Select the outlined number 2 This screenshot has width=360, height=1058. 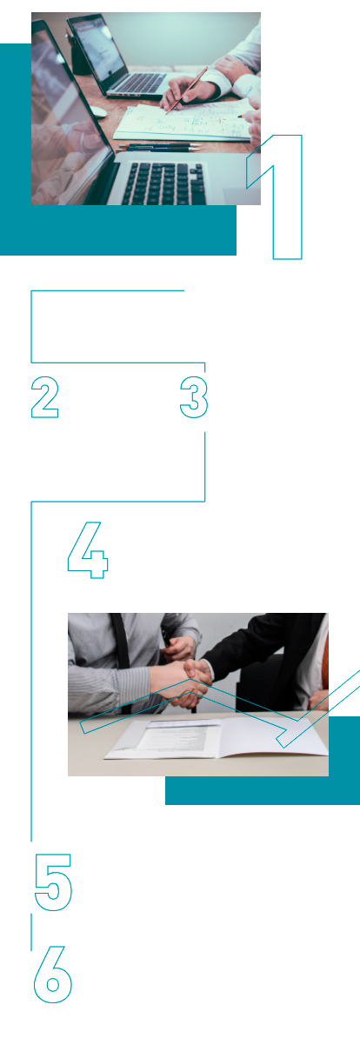click(x=45, y=397)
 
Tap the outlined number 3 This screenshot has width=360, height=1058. click(x=194, y=397)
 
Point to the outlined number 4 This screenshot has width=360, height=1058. click(x=89, y=549)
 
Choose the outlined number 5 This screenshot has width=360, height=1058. click(x=53, y=882)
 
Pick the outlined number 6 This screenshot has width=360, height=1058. click(x=52, y=974)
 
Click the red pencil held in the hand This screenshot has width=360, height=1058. click(x=186, y=90)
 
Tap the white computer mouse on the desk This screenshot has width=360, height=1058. click(x=97, y=112)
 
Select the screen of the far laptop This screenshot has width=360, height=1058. click(x=93, y=49)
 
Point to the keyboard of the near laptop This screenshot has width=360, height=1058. click(x=165, y=184)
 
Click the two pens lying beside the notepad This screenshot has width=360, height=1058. click(x=158, y=147)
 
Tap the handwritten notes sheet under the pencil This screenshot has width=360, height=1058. click(x=184, y=123)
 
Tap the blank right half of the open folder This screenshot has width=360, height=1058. click(x=273, y=737)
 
